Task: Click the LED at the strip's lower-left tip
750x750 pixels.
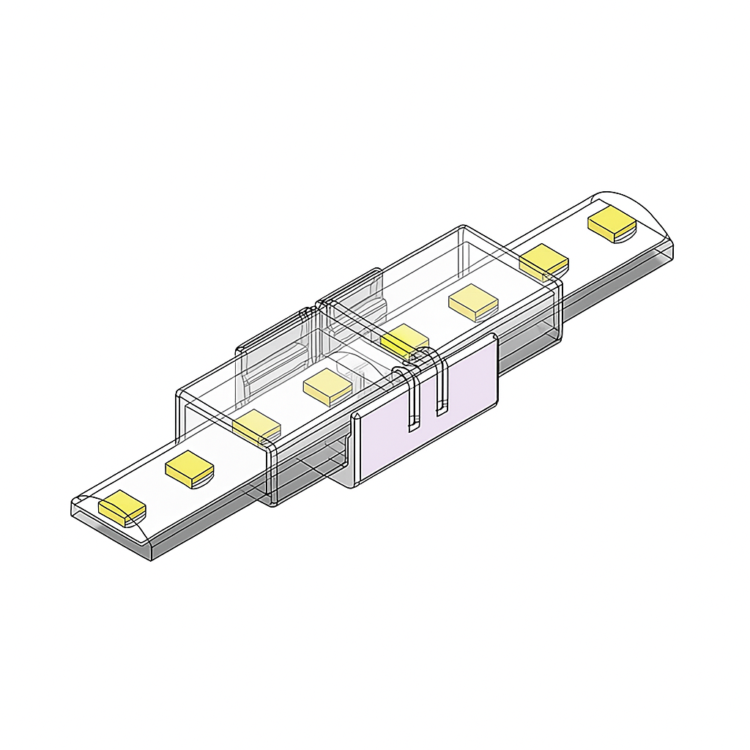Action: [122, 506]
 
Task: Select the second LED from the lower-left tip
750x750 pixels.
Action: [189, 469]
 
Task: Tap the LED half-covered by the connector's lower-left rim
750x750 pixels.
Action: [256, 426]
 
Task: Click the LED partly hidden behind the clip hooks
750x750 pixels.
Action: [404, 340]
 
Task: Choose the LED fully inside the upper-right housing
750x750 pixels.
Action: [473, 302]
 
